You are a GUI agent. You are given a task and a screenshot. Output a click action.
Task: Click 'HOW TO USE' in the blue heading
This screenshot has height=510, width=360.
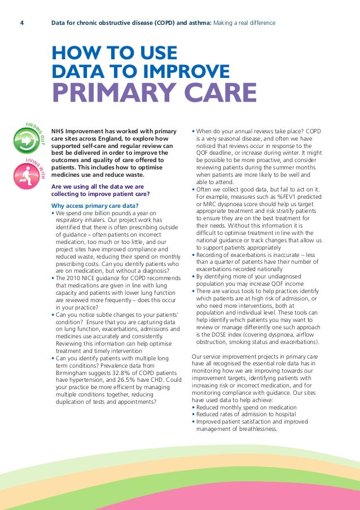coord(114,54)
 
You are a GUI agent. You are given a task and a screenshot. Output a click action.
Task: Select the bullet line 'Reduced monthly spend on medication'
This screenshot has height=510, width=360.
coord(246,407)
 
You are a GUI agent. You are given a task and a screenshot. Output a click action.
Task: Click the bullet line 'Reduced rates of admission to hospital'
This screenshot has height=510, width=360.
coord(246,415)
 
